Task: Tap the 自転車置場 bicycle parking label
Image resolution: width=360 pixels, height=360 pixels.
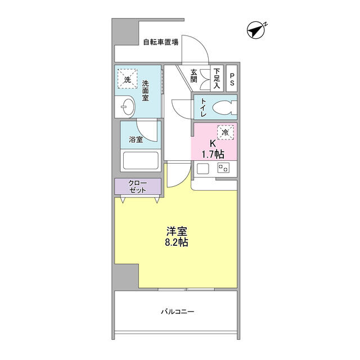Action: click(x=160, y=42)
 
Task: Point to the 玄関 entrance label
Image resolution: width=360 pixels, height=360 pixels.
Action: click(x=194, y=76)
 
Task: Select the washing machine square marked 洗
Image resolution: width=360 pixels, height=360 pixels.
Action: click(x=127, y=80)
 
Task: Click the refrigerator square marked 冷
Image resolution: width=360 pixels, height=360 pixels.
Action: click(x=225, y=133)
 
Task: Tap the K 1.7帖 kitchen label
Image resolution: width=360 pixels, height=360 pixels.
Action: click(x=213, y=148)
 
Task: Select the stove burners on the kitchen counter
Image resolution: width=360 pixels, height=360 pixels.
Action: click(x=224, y=168)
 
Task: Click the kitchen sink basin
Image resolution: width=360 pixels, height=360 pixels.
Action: click(x=202, y=168)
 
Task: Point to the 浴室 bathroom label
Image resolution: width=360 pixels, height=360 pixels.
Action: click(x=136, y=139)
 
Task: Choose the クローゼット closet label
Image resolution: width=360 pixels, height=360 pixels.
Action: click(x=138, y=186)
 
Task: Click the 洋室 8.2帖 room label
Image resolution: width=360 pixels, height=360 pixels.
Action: click(x=177, y=236)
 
